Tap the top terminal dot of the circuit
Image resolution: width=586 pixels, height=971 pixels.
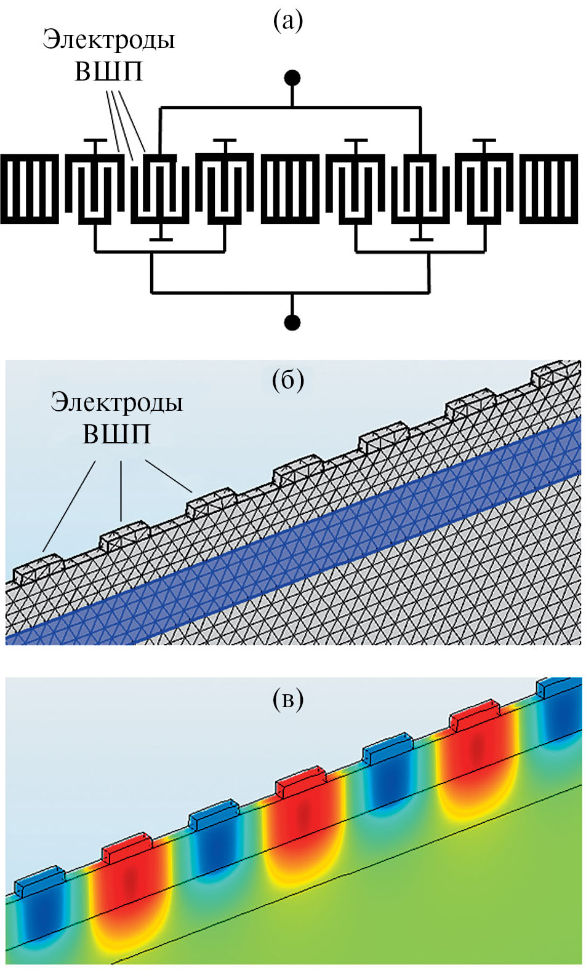pyautogui.click(x=292, y=78)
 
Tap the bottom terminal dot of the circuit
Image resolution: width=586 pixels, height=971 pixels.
pyautogui.click(x=292, y=322)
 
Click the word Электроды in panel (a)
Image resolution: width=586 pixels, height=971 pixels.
pyautogui.click(x=109, y=41)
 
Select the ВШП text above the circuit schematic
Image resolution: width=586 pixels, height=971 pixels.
pyautogui.click(x=108, y=71)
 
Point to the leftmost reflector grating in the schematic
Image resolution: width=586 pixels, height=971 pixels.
pyautogui.click(x=30, y=188)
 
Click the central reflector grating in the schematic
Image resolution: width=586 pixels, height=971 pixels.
pyautogui.click(x=291, y=188)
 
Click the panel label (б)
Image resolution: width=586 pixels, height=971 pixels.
pyautogui.click(x=288, y=381)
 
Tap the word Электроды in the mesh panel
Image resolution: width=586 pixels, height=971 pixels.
pyautogui.click(x=117, y=403)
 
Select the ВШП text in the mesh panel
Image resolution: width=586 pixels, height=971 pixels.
pyautogui.click(x=116, y=434)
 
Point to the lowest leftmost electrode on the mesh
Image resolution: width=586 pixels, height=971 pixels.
pyautogui.click(x=38, y=568)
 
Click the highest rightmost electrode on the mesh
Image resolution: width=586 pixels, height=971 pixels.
pyautogui.click(x=555, y=374)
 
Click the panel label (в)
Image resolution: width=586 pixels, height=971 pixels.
pyautogui.click(x=288, y=699)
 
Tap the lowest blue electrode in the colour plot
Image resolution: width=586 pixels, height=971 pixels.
pyautogui.click(x=39, y=878)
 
